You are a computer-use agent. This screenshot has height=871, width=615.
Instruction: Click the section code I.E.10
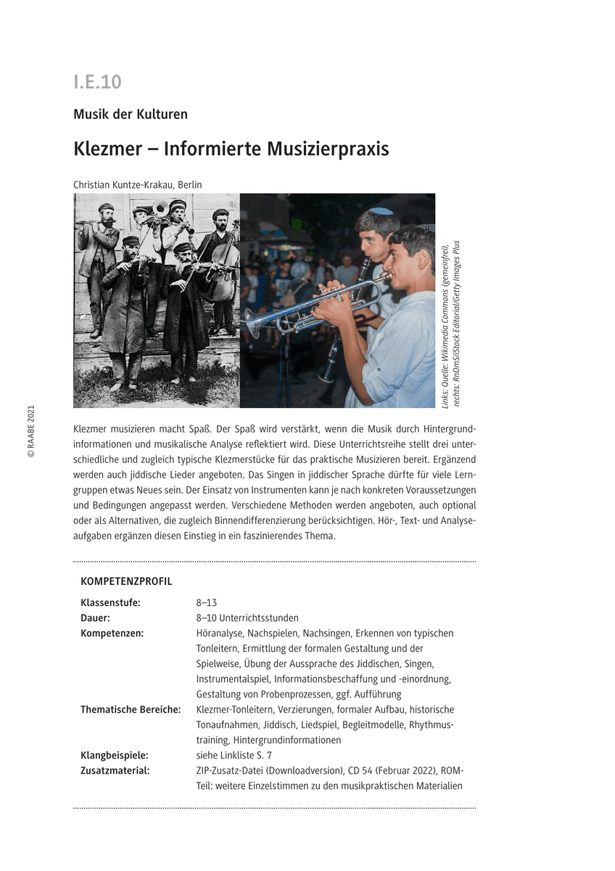97,82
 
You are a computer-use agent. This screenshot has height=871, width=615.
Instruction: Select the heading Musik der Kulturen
131,114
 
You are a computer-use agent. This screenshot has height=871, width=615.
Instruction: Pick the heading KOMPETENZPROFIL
126,581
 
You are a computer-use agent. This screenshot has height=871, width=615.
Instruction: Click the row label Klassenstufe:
110,602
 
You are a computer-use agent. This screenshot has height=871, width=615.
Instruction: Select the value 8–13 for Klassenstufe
207,602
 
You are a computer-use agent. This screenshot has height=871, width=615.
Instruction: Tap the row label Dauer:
95,618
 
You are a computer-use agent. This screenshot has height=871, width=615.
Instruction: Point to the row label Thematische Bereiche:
131,709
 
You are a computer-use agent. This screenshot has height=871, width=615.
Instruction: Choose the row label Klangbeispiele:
115,755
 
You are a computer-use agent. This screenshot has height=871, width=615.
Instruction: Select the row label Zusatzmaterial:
115,770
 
